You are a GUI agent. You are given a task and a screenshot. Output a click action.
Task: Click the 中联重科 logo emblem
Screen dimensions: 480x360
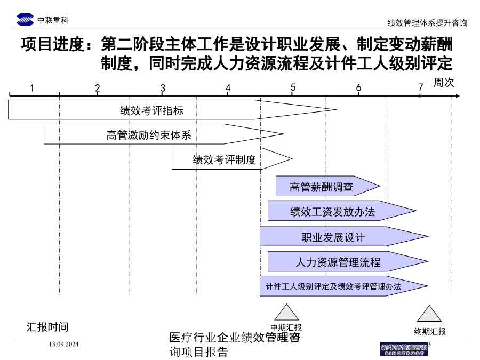point(25,20)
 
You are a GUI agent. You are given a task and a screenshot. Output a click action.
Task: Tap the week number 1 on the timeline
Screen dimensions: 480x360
point(32,88)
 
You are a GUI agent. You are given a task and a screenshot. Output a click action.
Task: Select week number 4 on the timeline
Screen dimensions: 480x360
point(228,88)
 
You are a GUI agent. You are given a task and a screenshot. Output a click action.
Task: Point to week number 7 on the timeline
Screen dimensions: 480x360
point(421,87)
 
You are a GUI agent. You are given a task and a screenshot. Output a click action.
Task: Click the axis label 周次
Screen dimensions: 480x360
point(444,82)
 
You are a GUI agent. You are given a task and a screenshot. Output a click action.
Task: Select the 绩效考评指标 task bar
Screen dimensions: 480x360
point(173,109)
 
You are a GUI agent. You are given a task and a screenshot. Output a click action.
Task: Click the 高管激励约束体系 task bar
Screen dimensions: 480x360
point(164,134)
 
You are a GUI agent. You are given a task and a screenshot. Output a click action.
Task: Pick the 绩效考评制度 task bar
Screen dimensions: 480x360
point(232,158)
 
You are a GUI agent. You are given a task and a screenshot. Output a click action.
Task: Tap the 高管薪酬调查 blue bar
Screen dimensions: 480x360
point(328,186)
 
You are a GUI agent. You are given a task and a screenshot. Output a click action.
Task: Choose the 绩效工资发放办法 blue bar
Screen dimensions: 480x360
point(342,211)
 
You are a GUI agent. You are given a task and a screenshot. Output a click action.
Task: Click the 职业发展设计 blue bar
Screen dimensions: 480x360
point(344,236)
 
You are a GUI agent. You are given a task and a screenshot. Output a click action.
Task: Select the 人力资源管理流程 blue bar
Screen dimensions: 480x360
point(348,261)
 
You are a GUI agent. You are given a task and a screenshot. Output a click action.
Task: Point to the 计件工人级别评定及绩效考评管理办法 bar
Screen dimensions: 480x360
point(344,286)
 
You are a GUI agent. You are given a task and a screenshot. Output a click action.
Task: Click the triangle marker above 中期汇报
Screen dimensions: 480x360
point(286,312)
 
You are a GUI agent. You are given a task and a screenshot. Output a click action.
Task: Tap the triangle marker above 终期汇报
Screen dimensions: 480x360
point(429,314)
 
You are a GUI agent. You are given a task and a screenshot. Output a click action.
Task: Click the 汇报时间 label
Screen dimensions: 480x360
point(47,327)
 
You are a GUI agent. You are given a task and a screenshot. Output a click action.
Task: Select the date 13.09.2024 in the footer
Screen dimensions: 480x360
point(63,345)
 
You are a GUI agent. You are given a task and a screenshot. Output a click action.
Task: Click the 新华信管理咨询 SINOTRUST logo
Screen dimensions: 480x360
point(404,349)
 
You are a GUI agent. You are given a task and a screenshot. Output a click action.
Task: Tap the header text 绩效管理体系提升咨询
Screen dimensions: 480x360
point(427,23)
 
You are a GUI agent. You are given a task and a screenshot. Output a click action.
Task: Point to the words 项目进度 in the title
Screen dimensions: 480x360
point(52,44)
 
